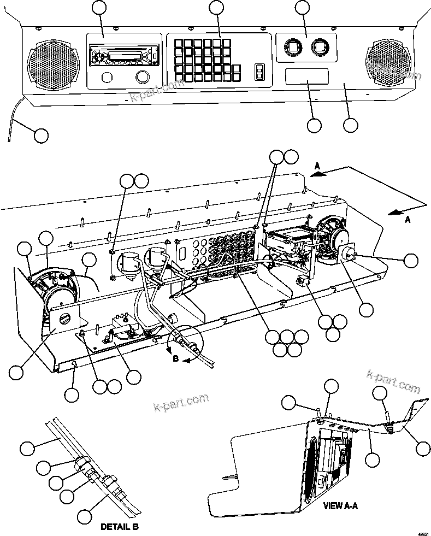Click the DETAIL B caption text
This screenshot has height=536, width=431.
119,527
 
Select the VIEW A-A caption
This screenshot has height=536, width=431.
340,505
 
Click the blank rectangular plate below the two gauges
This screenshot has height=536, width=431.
306,76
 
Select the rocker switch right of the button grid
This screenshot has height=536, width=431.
259,72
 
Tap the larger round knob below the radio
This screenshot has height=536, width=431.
143,76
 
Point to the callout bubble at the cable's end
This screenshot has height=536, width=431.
41,134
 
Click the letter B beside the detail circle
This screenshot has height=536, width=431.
175,360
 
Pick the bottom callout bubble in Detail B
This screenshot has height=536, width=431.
84,515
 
